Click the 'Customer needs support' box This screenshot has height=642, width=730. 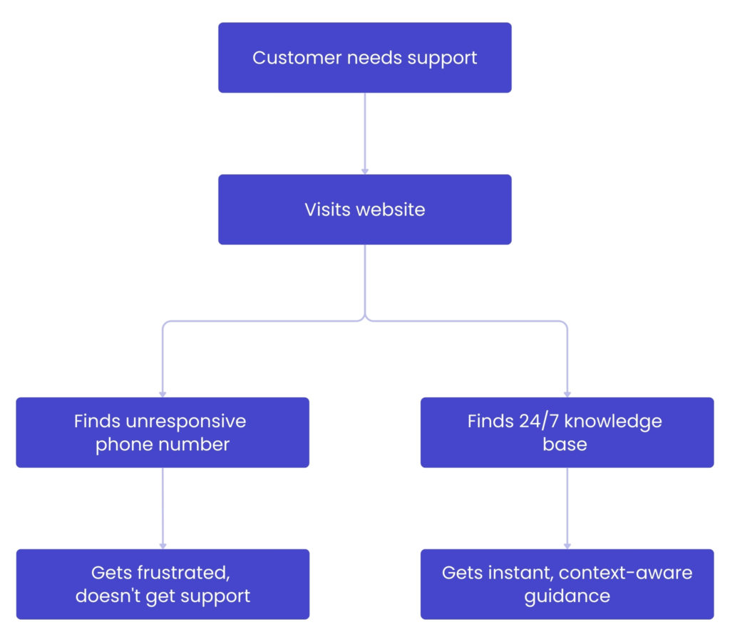(364, 58)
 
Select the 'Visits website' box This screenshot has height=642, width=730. (364, 210)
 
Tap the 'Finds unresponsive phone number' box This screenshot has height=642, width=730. (163, 432)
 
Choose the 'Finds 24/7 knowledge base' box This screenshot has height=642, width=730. (567, 432)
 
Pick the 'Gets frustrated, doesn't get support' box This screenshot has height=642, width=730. (163, 584)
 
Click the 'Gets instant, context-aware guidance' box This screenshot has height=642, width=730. (567, 584)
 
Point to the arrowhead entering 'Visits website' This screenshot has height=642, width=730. (365, 171)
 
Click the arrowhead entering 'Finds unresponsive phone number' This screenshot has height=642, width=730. (163, 394)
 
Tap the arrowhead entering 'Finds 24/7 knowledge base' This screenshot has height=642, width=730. (567, 394)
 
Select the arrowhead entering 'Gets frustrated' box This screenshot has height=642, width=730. (163, 546)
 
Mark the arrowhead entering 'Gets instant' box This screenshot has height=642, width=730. (567, 546)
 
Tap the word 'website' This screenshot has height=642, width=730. (390, 210)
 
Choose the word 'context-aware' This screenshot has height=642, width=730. (626, 572)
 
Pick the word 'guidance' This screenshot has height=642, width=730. (567, 596)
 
